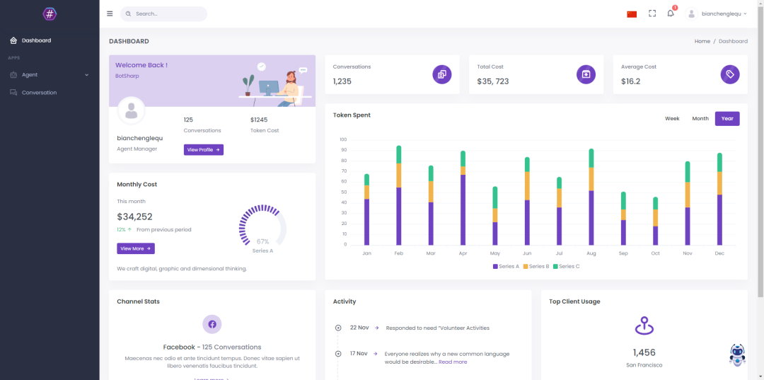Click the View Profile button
point(204,150)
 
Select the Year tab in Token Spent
point(727,119)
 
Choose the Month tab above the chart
point(700,119)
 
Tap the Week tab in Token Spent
point(672,119)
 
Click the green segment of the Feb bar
point(399,154)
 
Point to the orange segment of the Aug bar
point(591,179)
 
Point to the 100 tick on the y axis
point(343,139)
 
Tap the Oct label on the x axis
point(656,253)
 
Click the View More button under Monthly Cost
point(136,248)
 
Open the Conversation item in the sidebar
point(39,93)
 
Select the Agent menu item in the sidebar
point(30,75)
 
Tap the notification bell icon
point(671,13)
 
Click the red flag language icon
point(632,14)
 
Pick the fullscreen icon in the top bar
point(652,13)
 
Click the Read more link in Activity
point(453,362)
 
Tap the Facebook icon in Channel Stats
point(212,324)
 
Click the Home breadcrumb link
point(702,41)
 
